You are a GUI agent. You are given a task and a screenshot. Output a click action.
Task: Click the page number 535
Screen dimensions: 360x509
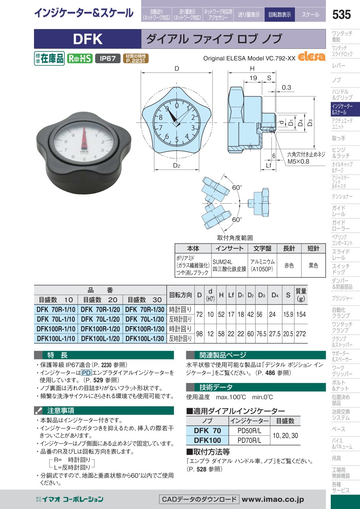pyautogui.click(x=341, y=15)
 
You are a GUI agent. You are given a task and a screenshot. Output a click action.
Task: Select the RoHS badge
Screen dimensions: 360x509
pyautogui.click(x=80, y=58)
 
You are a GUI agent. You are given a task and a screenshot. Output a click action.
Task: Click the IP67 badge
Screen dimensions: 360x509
pyautogui.click(x=108, y=58)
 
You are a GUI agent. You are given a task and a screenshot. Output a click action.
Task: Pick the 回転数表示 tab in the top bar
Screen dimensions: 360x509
pyautogui.click(x=280, y=15)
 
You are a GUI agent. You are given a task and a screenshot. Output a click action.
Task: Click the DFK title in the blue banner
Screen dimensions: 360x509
pyautogui.click(x=88, y=39)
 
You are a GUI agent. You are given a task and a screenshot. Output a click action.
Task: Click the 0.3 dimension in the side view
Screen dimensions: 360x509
pyautogui.click(x=286, y=88)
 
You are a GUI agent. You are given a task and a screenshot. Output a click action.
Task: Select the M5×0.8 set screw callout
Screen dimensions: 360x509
pyautogui.click(x=298, y=162)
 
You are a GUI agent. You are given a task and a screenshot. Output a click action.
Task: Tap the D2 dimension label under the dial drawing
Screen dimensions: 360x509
pyautogui.click(x=176, y=165)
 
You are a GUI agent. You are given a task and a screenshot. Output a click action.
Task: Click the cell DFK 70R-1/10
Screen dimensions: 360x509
pyautogui.click(x=56, y=309)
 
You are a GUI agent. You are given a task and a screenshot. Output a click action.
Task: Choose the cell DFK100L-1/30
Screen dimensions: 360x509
pyautogui.click(x=145, y=339)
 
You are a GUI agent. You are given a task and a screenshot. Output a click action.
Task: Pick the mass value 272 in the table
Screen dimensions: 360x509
pyautogui.click(x=301, y=334)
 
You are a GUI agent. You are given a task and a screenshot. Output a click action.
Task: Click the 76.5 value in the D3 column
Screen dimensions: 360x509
pyautogui.click(x=262, y=334)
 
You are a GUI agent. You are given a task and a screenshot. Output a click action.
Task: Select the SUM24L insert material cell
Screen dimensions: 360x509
pyautogui.click(x=222, y=262)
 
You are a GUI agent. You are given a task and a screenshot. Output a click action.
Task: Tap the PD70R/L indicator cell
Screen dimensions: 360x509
pyautogui.click(x=249, y=440)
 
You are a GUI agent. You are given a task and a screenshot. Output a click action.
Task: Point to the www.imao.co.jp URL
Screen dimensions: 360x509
pyautogui.click(x=273, y=499)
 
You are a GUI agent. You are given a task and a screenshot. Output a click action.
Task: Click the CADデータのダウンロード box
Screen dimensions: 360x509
pyautogui.click(x=199, y=499)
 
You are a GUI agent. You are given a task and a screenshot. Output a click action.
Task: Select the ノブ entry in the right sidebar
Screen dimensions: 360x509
pyautogui.click(x=336, y=80)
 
